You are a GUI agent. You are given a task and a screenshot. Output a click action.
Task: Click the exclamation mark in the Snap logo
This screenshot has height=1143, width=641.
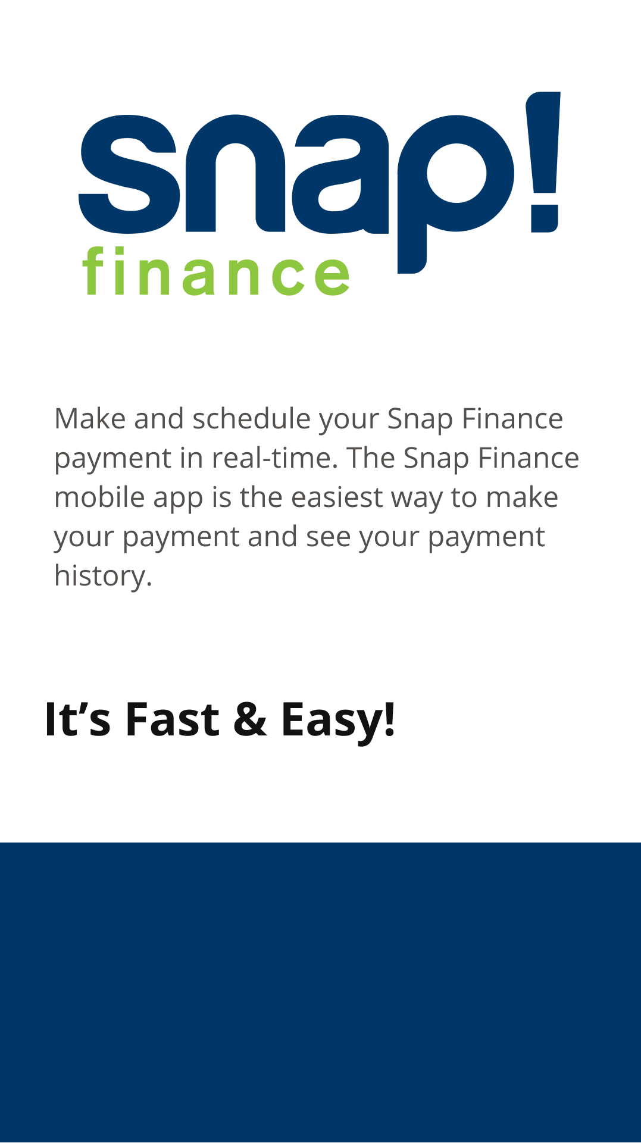(543, 161)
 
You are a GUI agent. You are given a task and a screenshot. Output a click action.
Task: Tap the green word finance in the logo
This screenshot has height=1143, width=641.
(216, 272)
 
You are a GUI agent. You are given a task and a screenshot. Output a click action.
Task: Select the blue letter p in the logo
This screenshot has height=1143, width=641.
(455, 193)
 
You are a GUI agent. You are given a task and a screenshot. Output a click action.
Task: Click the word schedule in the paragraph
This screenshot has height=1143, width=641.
(252, 419)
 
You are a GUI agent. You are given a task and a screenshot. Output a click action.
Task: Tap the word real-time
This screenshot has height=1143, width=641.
(275, 458)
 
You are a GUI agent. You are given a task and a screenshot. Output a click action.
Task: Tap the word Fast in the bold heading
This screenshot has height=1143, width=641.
(172, 719)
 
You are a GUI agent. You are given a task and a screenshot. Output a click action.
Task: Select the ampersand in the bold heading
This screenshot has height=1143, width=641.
(250, 719)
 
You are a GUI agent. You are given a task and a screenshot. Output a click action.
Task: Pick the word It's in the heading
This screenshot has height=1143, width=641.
(78, 719)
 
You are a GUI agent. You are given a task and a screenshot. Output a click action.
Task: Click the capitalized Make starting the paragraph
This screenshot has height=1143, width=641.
(90, 419)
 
